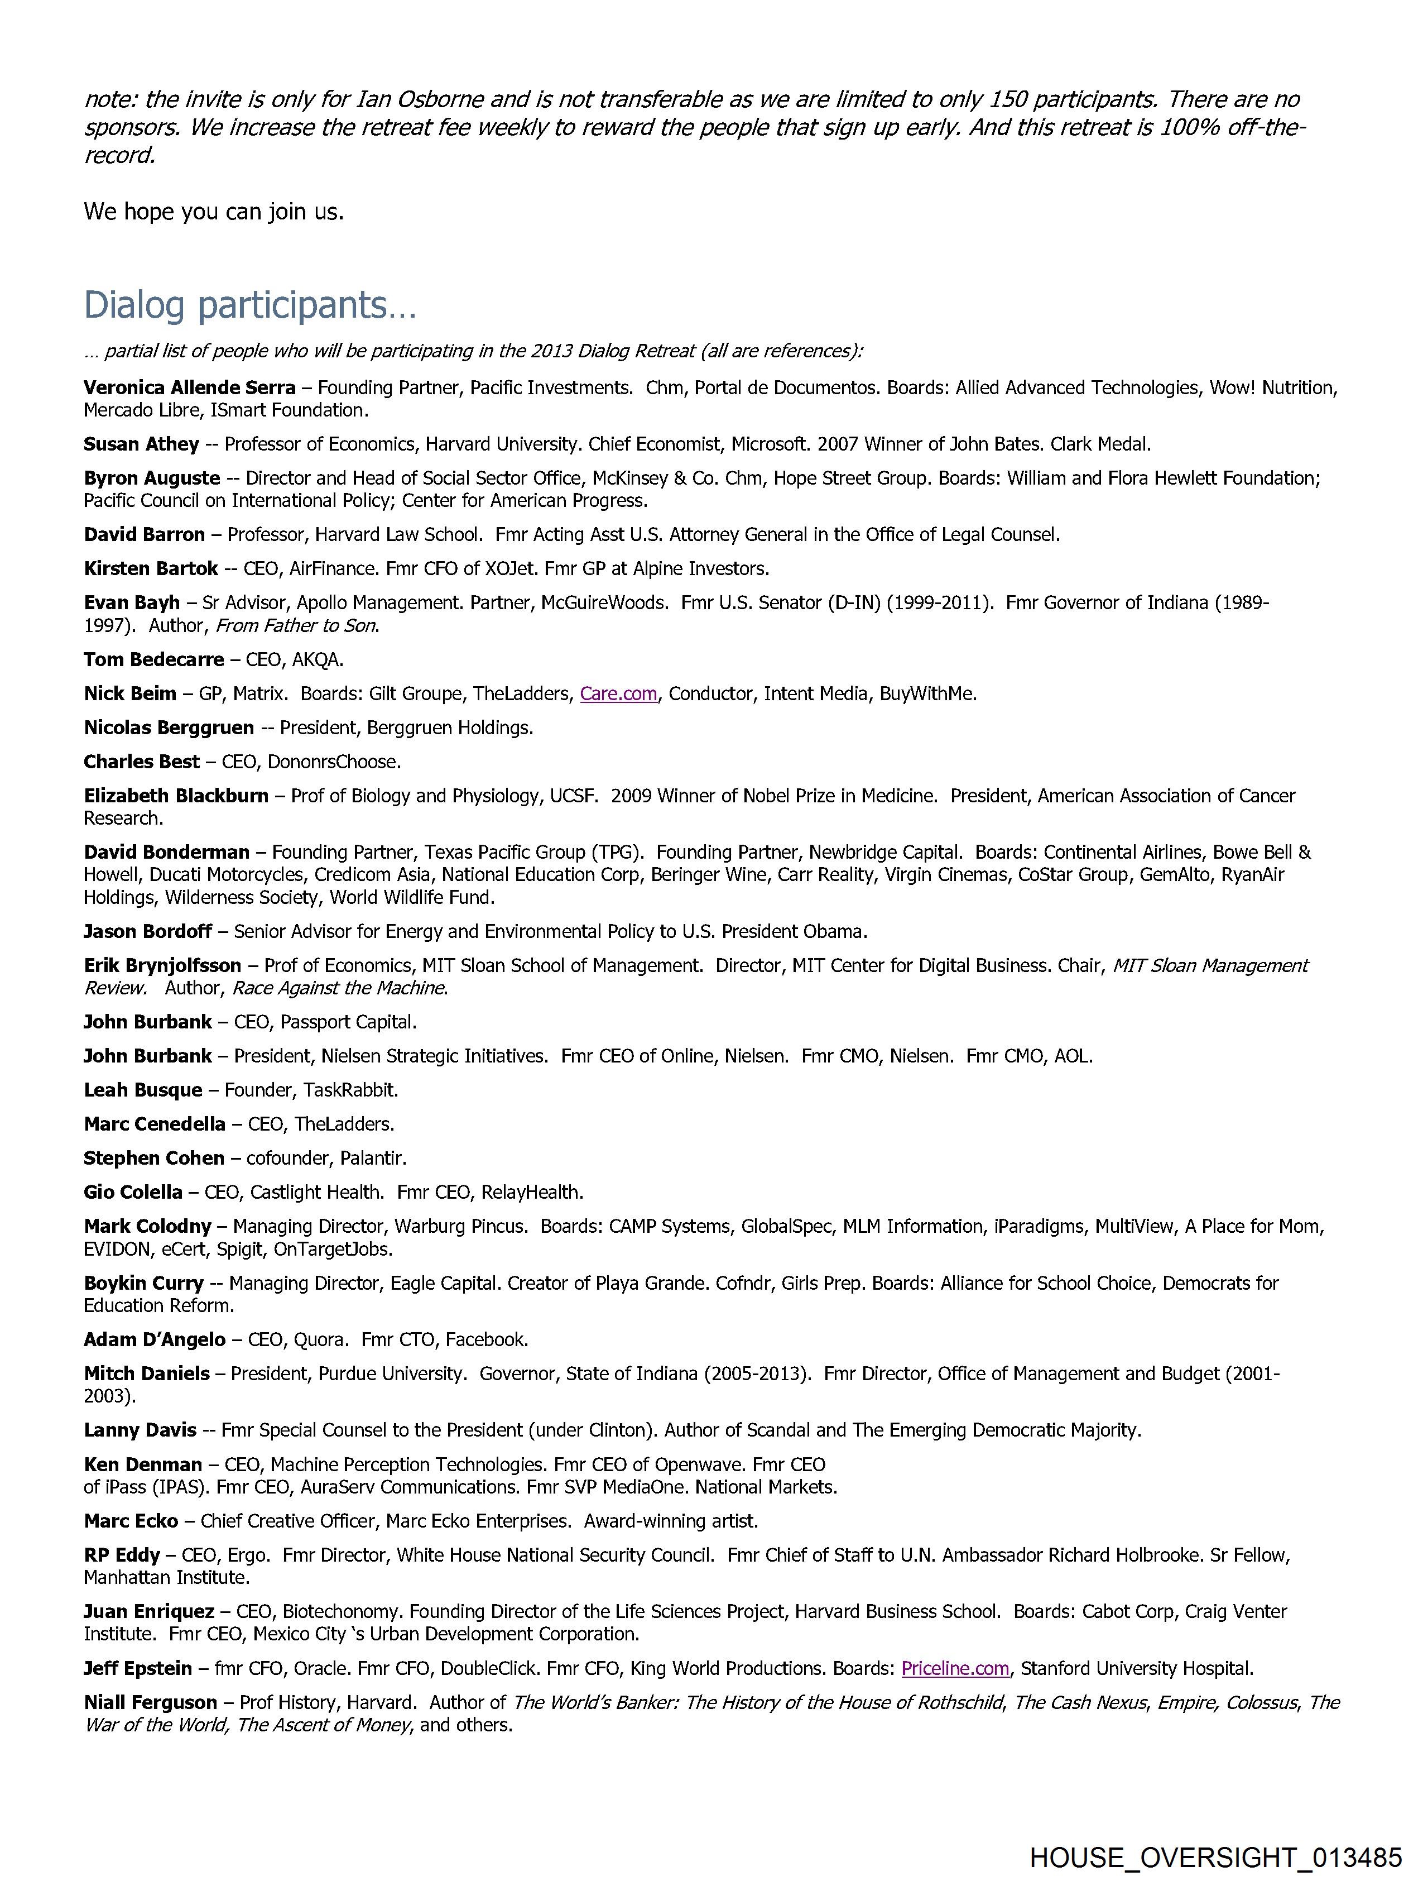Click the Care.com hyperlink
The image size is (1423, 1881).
[618, 694]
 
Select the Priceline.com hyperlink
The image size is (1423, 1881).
[955, 1668]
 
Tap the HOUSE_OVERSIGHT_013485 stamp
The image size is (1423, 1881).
[1215, 1857]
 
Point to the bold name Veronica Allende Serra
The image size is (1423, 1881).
[190, 388]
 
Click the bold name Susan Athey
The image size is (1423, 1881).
[141, 444]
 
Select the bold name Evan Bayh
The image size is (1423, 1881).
[132, 603]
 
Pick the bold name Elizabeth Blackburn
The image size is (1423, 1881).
[176, 796]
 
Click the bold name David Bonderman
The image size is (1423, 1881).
[167, 852]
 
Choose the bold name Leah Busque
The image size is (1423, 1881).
[143, 1090]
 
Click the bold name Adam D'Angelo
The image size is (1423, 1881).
[155, 1339]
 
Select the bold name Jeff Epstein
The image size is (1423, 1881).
[138, 1668]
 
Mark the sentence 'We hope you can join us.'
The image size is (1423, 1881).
[213, 212]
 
